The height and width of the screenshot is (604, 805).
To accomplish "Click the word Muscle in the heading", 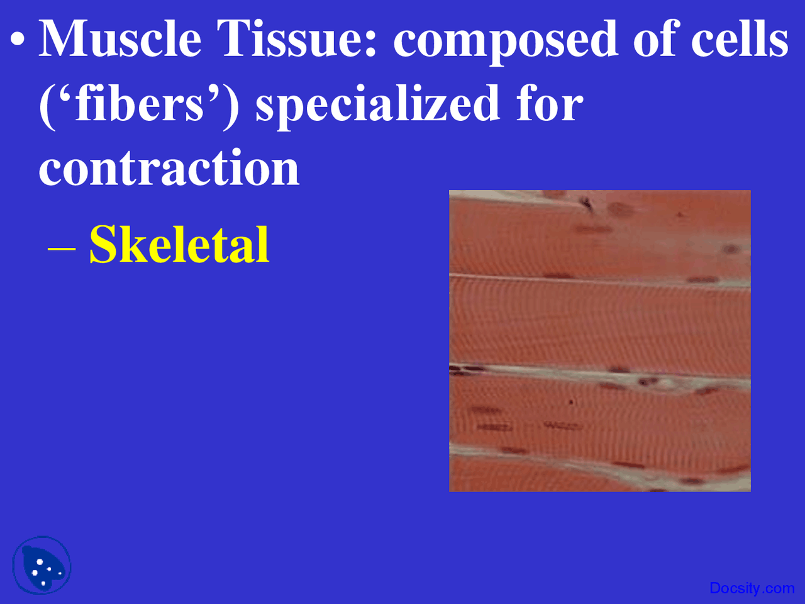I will (x=120, y=39).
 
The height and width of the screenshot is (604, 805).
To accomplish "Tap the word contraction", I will (x=169, y=169).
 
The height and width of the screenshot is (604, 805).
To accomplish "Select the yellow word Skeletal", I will (x=179, y=244).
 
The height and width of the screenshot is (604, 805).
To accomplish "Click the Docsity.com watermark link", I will (x=752, y=588).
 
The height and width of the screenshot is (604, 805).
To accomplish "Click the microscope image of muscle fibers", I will (x=599, y=340).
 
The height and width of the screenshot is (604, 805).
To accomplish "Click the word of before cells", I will (x=655, y=39).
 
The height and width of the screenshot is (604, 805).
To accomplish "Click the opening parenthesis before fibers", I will (x=47, y=105).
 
